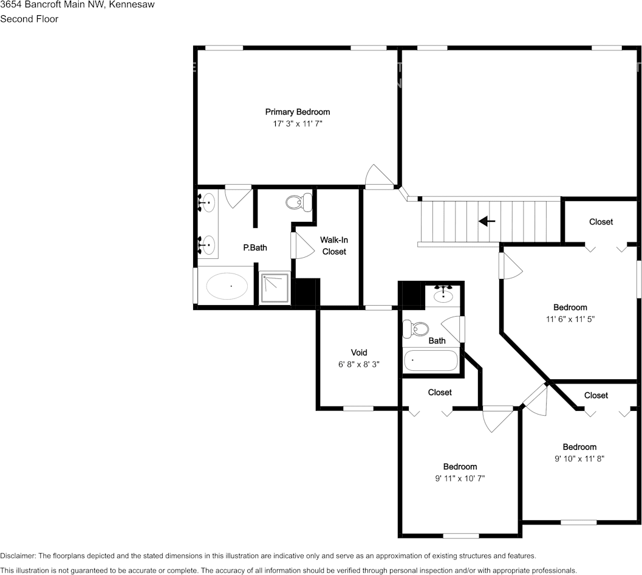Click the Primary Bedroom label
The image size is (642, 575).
pos(297,112)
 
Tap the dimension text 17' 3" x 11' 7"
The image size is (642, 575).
pos(297,123)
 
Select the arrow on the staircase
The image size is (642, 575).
pos(487,221)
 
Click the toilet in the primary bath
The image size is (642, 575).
pos(298,202)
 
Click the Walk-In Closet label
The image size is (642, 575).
pos(334,246)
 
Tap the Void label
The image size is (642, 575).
pos(359,353)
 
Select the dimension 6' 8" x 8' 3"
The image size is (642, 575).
pos(359,364)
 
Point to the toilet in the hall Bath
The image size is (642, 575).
pos(416,329)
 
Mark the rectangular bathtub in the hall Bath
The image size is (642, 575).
pos(431,360)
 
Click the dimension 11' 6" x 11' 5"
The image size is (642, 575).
pos(570,319)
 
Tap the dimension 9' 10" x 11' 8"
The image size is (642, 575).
pos(579,459)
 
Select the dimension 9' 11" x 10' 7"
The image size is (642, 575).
pos(460,478)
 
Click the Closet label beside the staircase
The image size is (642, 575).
pos(601,222)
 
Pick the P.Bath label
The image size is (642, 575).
pos(255,247)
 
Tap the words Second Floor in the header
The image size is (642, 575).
pos(29,19)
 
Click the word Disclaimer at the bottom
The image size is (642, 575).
pos(18,556)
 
